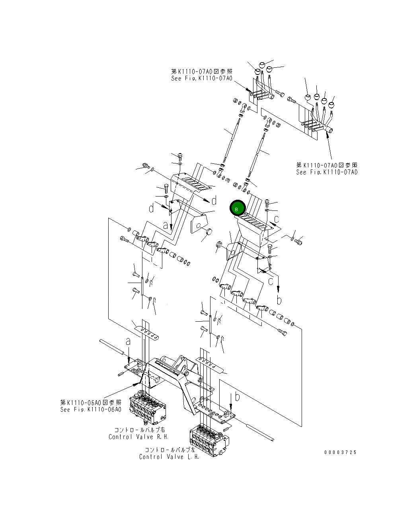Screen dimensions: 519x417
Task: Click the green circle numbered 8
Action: pos(237,208)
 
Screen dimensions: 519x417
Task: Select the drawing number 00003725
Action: pos(340,452)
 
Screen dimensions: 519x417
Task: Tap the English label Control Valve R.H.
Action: pos(137,437)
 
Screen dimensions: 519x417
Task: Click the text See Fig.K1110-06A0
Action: pos(91,409)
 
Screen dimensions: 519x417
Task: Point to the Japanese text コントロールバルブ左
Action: pos(170,450)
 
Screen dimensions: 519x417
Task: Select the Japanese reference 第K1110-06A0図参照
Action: pos(91,403)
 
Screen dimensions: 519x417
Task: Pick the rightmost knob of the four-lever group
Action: pos(331,105)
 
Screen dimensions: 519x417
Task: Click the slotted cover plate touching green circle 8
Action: pos(255,221)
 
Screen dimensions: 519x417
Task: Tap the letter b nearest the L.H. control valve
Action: pos(237,397)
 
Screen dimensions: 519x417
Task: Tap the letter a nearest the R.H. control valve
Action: pos(128,341)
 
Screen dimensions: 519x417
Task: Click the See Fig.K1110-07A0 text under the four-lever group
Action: pos(327,172)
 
